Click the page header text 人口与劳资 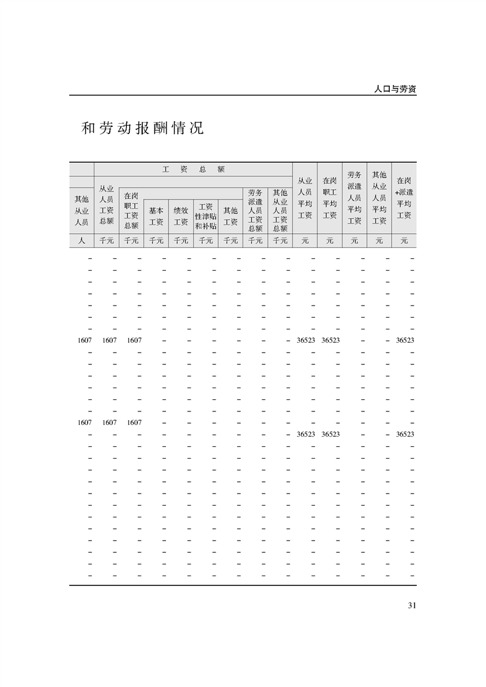(x=395, y=89)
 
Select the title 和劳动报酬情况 (x=142, y=129)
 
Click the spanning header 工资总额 (x=193, y=169)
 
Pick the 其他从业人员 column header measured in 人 (x=82, y=210)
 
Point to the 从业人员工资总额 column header (x=107, y=205)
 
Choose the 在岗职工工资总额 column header (x=131, y=210)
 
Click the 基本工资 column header (x=156, y=216)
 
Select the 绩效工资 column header (x=181, y=216)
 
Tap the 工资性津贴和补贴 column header (x=206, y=216)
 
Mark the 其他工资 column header (x=230, y=216)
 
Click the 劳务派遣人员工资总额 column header (x=256, y=210)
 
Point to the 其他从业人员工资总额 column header (x=280, y=210)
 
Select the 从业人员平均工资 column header (x=305, y=198)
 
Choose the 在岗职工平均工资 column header (x=330, y=198)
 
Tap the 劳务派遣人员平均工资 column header (x=354, y=198)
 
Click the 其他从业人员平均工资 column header (x=379, y=198)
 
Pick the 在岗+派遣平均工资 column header (x=404, y=198)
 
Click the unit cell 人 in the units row (x=82, y=241)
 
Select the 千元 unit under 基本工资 (x=156, y=241)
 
